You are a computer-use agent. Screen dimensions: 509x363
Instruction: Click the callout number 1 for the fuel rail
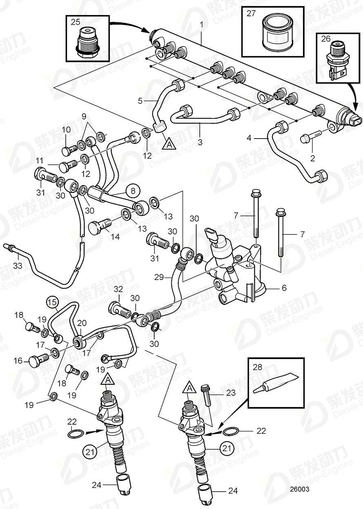pos(201,25)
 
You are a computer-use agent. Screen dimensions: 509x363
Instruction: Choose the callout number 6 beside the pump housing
pos(283,288)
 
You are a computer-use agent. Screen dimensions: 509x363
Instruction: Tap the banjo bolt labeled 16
pos(38,360)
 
